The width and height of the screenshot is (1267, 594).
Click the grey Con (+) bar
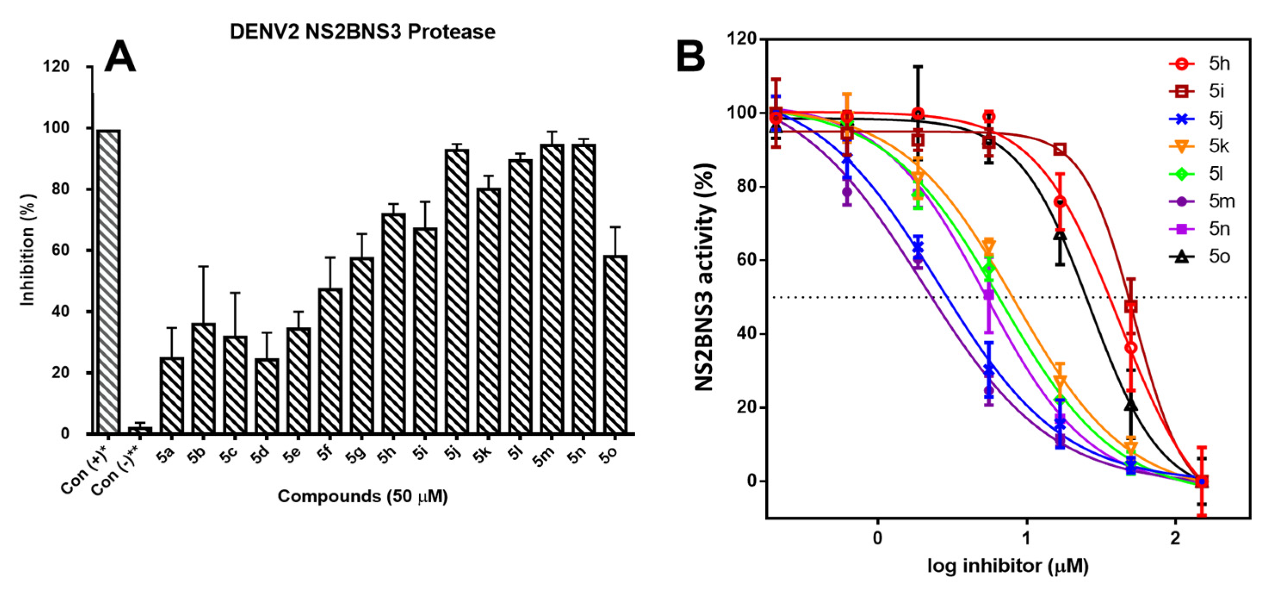click(109, 282)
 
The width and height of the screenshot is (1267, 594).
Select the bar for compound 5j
click(457, 292)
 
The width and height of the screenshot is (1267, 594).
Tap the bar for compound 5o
click(615, 344)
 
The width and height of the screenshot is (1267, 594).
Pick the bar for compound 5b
click(204, 379)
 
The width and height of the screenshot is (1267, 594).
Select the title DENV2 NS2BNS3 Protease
click(362, 32)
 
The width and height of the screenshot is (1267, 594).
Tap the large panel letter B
click(691, 56)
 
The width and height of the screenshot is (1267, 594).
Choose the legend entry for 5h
click(1200, 64)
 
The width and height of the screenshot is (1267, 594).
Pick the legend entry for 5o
click(1200, 257)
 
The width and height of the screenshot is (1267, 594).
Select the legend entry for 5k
click(1200, 147)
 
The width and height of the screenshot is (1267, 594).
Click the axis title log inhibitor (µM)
click(1008, 566)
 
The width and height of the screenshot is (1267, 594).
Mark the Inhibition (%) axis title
click(28, 250)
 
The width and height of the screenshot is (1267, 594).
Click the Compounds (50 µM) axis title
click(362, 496)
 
